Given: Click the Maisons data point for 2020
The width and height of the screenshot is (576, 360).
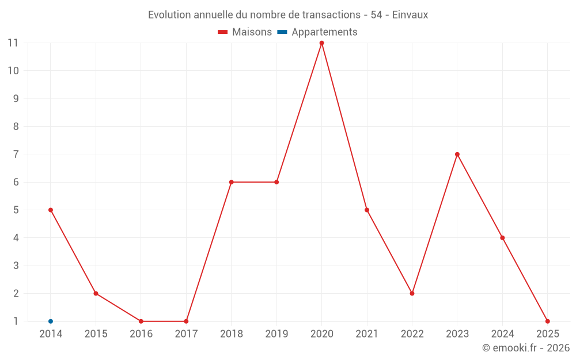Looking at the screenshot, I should (x=321, y=43).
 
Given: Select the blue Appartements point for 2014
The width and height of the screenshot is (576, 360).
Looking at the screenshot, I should (x=51, y=321).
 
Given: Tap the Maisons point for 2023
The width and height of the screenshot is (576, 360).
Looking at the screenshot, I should (x=457, y=154).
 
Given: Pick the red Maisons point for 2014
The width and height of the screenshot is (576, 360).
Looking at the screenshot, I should (x=51, y=210).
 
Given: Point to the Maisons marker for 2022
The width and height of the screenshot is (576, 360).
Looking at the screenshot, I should (x=412, y=293).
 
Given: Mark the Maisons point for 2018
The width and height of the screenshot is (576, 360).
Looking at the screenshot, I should (x=231, y=182).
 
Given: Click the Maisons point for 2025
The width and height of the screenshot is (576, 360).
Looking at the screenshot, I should (x=547, y=321).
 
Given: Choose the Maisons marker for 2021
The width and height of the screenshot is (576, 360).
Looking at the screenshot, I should (x=367, y=210).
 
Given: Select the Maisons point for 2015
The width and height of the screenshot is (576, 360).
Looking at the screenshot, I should (x=96, y=293).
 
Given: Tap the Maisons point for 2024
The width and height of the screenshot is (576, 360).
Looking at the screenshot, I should (x=502, y=238).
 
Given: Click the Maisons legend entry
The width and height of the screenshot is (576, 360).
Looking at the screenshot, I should (x=245, y=32).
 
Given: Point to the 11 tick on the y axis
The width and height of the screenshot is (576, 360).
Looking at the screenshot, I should (x=13, y=43).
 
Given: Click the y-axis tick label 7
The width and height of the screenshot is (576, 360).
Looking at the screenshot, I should (x=16, y=154).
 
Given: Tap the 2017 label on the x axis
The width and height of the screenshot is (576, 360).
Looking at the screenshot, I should (x=186, y=334).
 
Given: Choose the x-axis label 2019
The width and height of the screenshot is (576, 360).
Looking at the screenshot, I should (x=276, y=334).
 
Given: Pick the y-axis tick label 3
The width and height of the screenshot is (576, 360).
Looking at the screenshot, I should (x=16, y=266).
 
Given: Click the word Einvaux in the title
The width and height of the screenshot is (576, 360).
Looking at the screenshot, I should (x=410, y=15).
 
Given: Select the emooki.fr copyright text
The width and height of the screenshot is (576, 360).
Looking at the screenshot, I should (x=526, y=348).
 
